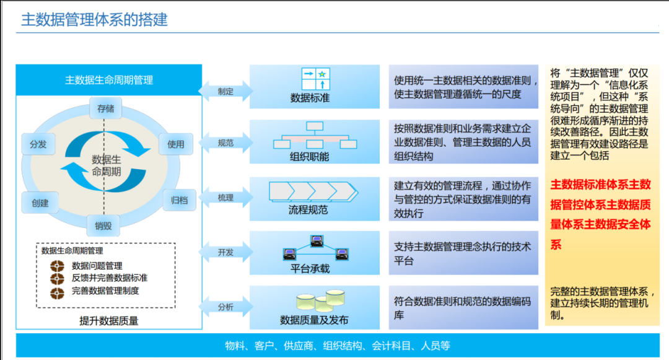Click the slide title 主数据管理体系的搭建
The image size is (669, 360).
94,20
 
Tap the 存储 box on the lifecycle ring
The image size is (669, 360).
105,108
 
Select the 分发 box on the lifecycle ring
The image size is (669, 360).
38,144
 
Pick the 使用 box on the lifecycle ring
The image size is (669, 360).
176,144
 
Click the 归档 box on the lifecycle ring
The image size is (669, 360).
180,200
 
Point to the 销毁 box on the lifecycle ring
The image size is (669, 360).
103,226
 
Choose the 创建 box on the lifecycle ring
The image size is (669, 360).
40,203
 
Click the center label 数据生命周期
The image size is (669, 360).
107,165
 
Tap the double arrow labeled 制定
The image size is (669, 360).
225,91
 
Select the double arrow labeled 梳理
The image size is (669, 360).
225,198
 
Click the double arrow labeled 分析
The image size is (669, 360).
225,307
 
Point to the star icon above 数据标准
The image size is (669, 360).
322,74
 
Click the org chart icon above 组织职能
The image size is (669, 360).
315,135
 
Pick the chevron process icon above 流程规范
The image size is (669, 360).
313,191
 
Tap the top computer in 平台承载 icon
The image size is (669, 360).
317,241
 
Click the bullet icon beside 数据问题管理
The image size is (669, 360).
57,266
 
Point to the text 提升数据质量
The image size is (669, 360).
109,321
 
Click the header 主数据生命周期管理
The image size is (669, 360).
109,80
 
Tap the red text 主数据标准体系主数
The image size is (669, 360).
600,184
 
